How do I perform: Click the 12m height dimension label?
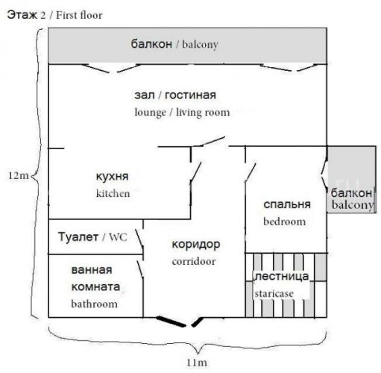point(19,175)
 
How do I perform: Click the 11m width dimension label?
point(197,363)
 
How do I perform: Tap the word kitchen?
point(113,193)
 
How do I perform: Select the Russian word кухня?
point(112,177)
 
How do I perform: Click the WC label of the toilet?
point(118,237)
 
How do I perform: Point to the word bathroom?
point(94,304)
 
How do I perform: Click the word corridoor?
point(194,261)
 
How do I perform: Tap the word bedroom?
point(285,222)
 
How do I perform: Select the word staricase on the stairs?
point(274,294)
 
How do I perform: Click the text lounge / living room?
point(182,113)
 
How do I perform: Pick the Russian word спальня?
point(287,204)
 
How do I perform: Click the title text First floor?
point(79,15)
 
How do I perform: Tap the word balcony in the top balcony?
point(200,45)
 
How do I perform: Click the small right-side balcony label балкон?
point(351,192)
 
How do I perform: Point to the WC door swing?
point(139,238)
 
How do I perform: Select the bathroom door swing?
point(140,269)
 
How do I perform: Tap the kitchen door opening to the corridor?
point(195,172)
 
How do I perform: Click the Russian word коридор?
point(196,245)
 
